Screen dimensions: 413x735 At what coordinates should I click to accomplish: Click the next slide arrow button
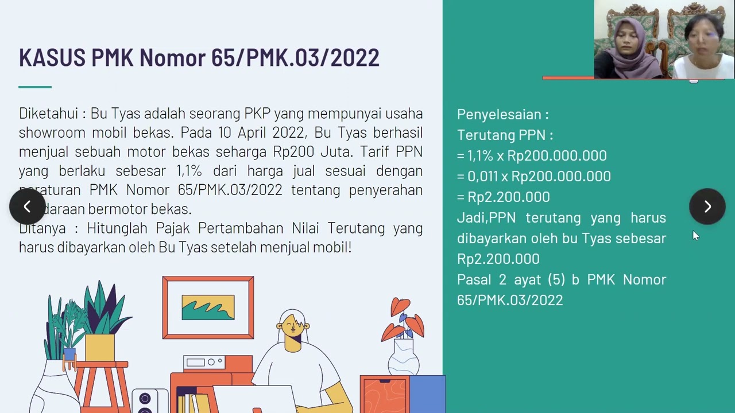coord(707,206)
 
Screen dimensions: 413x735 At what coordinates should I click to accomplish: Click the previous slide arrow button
coord(27,206)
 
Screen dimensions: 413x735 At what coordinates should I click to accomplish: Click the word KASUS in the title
coord(52,58)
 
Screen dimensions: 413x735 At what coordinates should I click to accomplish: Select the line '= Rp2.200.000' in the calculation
coord(504,197)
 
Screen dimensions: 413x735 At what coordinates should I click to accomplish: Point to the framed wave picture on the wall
coord(208,307)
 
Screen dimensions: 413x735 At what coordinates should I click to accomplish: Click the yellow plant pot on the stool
coord(100,348)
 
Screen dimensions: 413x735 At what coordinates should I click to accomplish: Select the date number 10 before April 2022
coord(225,133)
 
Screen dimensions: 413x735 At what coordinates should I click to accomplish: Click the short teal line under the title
coord(35,87)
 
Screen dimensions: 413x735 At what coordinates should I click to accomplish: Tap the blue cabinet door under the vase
coord(427,394)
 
